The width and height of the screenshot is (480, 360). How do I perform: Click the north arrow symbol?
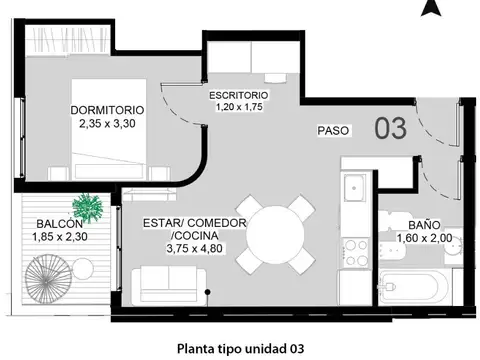[x=430, y=8]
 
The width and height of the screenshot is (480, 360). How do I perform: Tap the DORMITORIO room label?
[x=107, y=109]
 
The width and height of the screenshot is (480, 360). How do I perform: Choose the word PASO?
[x=333, y=130]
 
